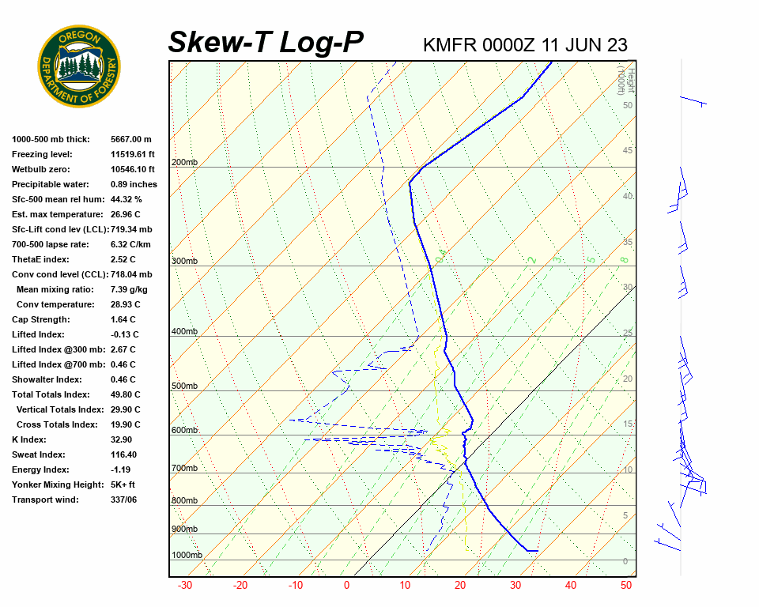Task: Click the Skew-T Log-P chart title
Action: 266,42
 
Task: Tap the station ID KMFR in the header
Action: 450,44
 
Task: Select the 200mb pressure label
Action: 185,163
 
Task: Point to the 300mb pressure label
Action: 185,262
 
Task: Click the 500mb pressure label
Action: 185,386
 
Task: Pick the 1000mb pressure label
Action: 187,556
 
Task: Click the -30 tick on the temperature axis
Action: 185,586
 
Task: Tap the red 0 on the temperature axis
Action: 346,586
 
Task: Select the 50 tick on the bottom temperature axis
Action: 626,586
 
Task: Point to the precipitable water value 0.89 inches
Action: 134,184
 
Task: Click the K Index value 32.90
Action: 123,439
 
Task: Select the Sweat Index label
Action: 39,454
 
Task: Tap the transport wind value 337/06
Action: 124,500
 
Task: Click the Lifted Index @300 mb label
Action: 51,349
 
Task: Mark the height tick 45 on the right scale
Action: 628,151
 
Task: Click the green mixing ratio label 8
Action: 624,259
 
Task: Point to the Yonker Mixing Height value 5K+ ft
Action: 123,484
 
